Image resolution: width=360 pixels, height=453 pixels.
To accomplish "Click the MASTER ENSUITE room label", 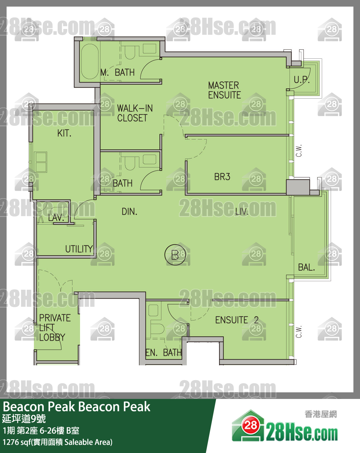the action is (x=224, y=90).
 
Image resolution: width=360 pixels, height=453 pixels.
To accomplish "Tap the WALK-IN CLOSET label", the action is (x=135, y=113).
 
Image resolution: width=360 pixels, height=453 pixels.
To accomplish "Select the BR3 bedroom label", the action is (x=222, y=177).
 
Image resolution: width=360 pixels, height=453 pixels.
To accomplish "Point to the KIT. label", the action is (x=64, y=133).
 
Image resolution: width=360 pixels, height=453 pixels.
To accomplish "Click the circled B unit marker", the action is (x=175, y=255).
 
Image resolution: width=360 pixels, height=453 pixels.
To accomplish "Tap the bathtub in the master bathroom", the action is (x=90, y=61).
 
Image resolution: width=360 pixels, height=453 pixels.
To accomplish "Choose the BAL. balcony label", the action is (x=306, y=267).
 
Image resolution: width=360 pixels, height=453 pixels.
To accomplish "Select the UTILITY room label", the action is (x=79, y=249).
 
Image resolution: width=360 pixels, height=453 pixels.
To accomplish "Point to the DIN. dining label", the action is (x=129, y=212).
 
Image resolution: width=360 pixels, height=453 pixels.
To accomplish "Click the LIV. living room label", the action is (x=242, y=212).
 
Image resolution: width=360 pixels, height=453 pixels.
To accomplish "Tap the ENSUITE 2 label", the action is (x=237, y=320).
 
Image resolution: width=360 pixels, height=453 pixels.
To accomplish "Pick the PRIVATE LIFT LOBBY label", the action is (x=55, y=327).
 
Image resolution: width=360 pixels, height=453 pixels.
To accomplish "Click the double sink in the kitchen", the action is (x=41, y=162).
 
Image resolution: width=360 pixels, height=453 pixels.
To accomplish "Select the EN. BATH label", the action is (x=163, y=352).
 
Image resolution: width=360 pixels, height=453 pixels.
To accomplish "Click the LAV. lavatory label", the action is (x=56, y=218).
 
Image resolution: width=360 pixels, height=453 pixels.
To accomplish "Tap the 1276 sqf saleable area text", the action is (x=57, y=442).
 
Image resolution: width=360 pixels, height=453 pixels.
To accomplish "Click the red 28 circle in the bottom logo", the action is (x=251, y=426).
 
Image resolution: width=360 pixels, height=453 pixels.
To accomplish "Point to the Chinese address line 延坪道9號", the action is (x=24, y=419).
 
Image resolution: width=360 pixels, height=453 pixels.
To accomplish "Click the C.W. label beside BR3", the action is (x=299, y=151).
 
